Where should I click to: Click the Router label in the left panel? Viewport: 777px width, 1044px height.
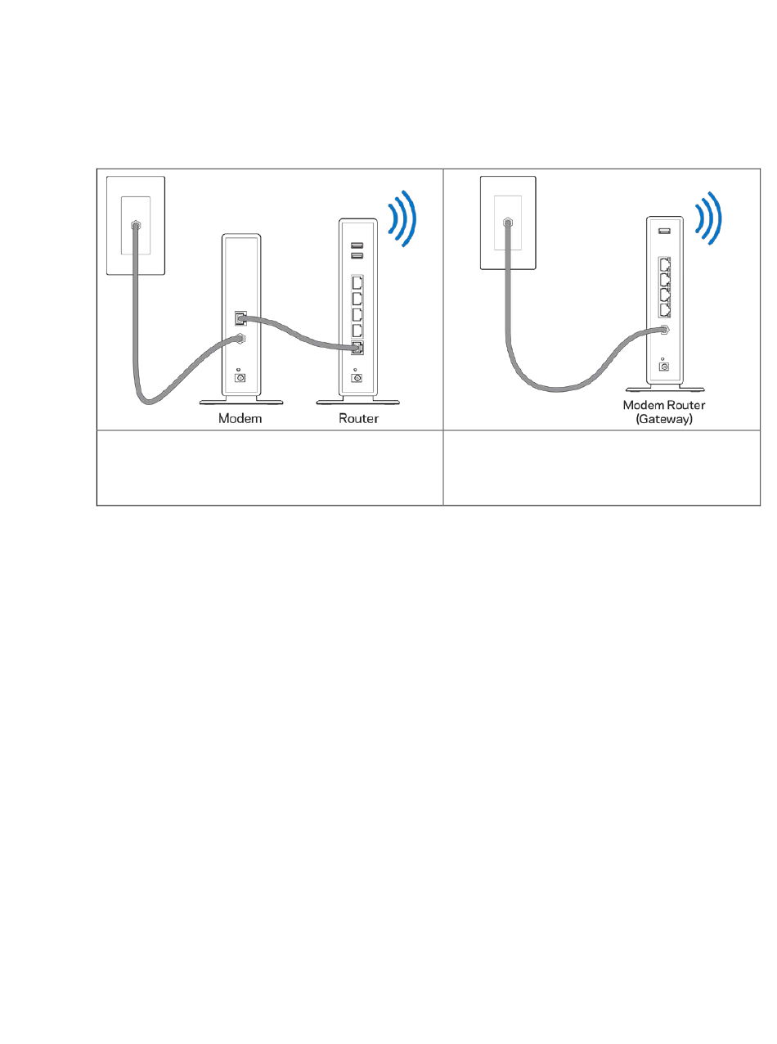pyautogui.click(x=358, y=418)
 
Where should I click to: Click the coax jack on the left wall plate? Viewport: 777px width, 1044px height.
pyautogui.click(x=135, y=224)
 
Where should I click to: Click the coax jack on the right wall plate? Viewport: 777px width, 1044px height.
pyautogui.click(x=508, y=222)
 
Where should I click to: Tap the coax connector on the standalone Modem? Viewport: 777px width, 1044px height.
pyautogui.click(x=240, y=338)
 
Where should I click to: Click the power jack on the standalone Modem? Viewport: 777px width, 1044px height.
pyautogui.click(x=240, y=377)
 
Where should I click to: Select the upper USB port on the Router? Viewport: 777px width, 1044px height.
pyautogui.click(x=357, y=245)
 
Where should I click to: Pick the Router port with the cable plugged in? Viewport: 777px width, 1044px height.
pyautogui.click(x=357, y=349)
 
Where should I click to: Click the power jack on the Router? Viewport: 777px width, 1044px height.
pyautogui.click(x=357, y=377)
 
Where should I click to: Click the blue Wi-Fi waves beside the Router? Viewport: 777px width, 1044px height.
pyautogui.click(x=402, y=220)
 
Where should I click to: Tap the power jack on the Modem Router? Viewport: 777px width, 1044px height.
pyautogui.click(x=663, y=366)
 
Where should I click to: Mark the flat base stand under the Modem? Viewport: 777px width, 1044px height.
pyautogui.click(x=241, y=402)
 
